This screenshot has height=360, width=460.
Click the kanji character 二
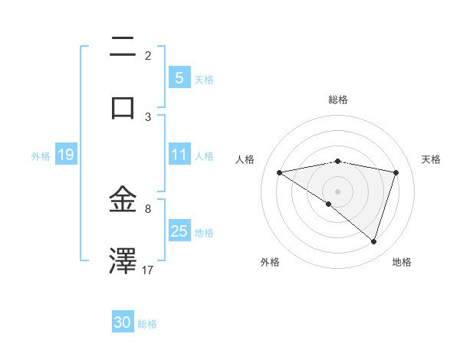123,47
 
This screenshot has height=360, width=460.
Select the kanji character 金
123,200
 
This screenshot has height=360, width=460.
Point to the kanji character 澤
123,260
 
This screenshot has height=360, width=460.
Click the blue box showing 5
179,77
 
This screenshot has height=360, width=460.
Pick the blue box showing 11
179,155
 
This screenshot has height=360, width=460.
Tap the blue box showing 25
179,231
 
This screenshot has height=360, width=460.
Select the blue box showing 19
65,155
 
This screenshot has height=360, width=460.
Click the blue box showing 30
123,322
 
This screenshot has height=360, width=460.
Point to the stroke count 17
148,270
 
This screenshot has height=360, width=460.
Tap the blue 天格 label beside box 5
204,79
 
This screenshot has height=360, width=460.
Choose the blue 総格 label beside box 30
147,324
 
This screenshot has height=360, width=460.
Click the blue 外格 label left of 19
41,155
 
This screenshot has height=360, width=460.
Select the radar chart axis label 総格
337,100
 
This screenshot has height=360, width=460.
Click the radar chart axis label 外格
269,262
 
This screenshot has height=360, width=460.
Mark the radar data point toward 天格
396,172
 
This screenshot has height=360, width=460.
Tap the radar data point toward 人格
279,172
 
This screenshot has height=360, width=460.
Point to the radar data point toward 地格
373,241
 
